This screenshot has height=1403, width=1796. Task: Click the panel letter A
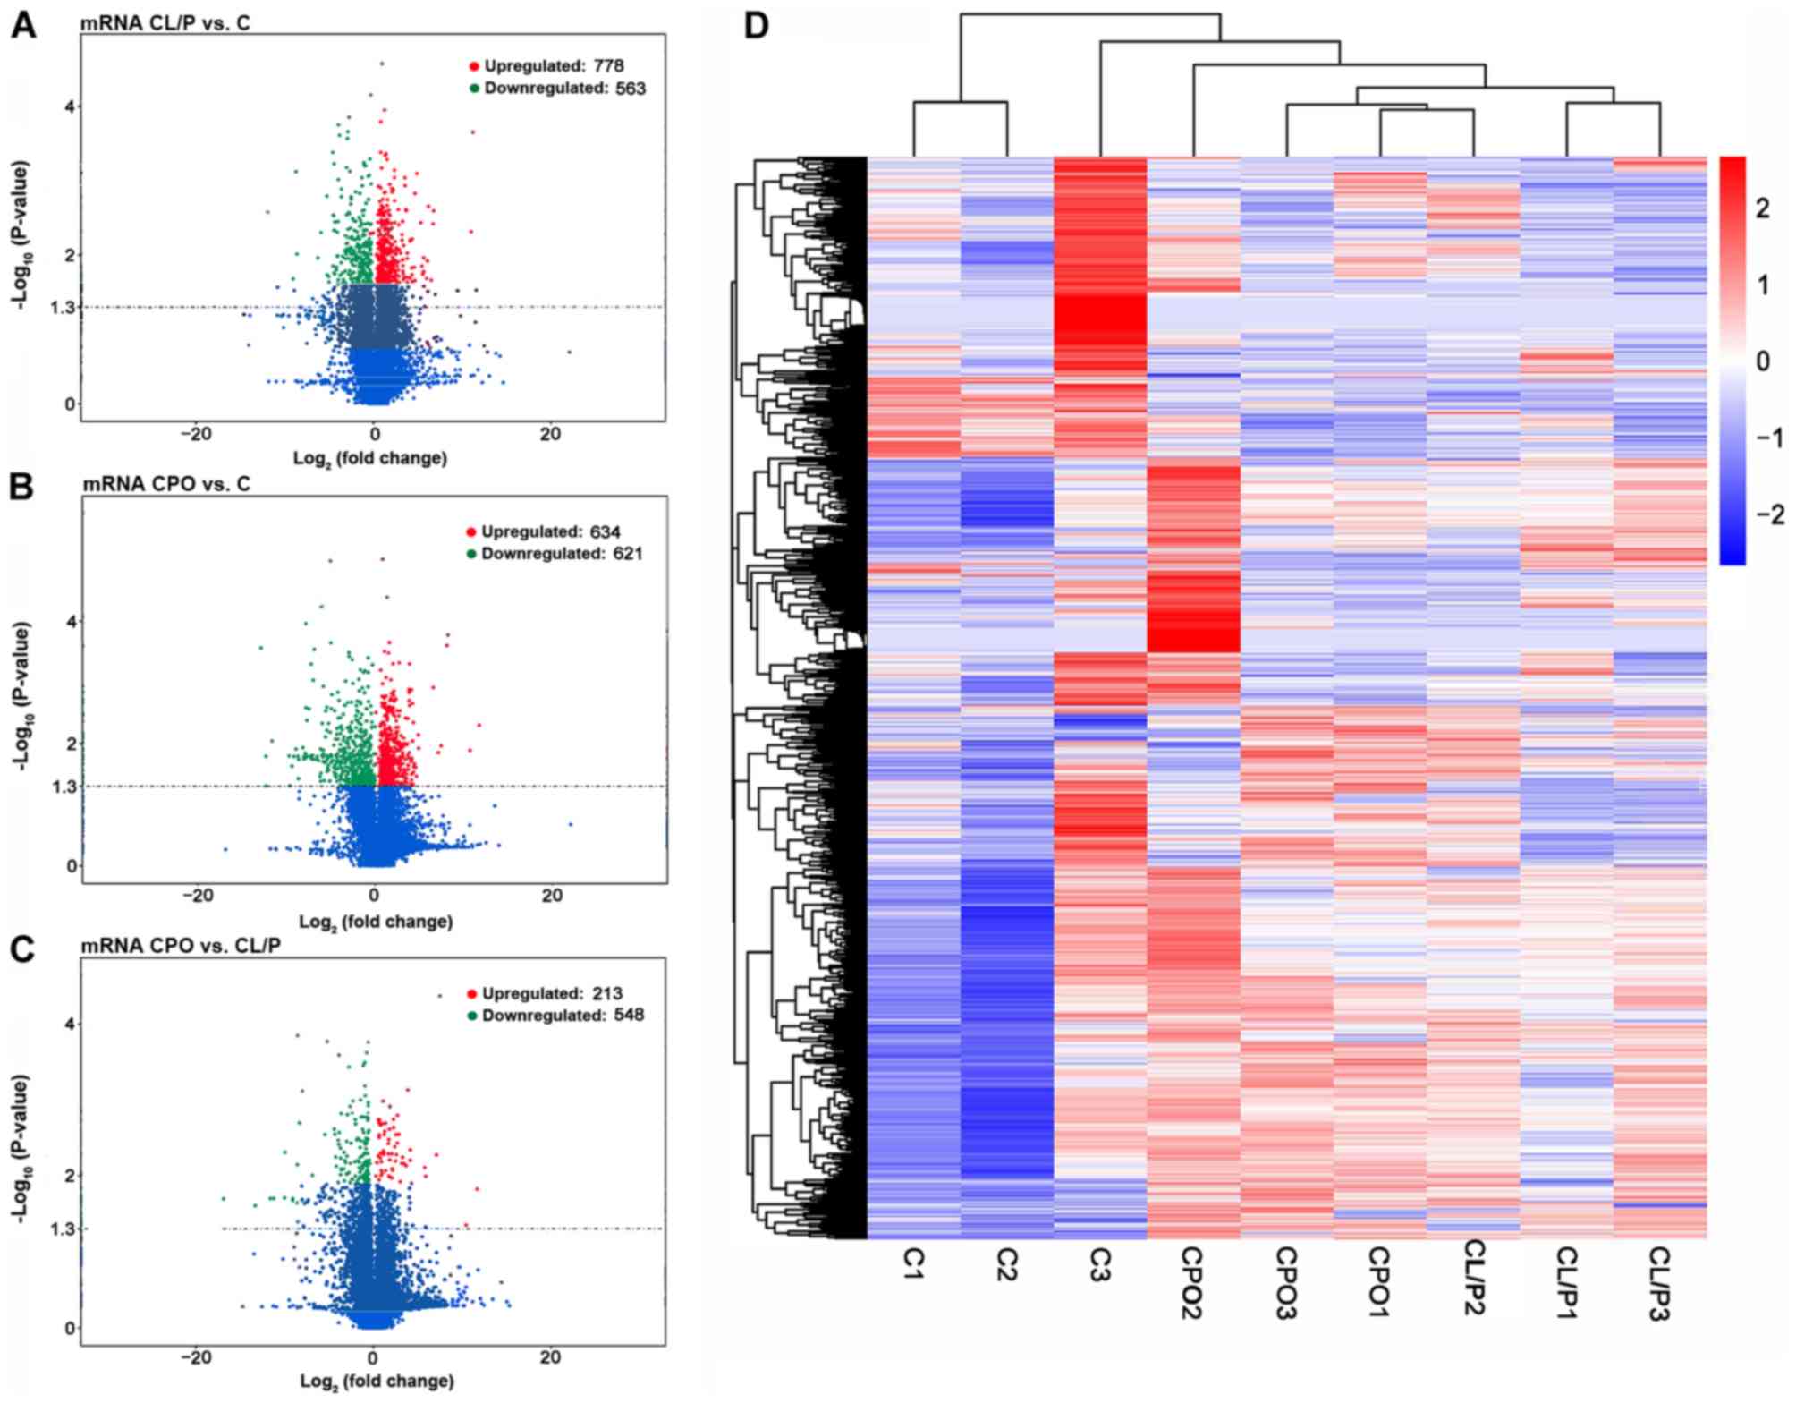(x=23, y=25)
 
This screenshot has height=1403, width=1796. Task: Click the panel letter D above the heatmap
(x=757, y=25)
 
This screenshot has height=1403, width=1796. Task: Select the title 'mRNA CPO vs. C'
(x=166, y=484)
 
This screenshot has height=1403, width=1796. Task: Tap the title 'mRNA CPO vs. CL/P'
(x=181, y=946)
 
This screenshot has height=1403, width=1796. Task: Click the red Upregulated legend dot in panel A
(x=474, y=66)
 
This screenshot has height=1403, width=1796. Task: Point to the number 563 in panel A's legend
(x=630, y=89)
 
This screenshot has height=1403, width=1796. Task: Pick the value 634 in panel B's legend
(x=605, y=532)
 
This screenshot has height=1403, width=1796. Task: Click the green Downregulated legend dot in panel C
(x=471, y=1016)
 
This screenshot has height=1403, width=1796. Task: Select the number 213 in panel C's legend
(x=606, y=993)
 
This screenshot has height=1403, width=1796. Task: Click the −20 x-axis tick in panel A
(x=196, y=434)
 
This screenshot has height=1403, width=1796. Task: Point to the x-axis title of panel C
(x=377, y=1382)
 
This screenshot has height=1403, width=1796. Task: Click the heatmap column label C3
(x=1100, y=1265)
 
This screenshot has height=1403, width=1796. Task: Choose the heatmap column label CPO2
(x=1192, y=1282)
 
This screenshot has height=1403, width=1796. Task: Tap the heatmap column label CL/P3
(x=1659, y=1283)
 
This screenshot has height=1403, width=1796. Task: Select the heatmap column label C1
(x=913, y=1263)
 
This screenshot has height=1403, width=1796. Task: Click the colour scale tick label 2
(x=1762, y=208)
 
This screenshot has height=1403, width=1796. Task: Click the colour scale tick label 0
(x=1762, y=361)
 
